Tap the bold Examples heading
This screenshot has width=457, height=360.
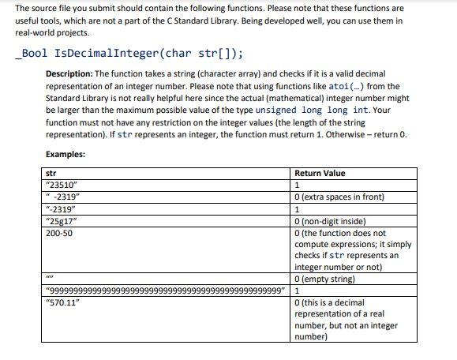[x=66, y=154]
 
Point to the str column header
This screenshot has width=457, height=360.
[x=51, y=173]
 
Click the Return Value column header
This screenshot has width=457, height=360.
[x=320, y=173]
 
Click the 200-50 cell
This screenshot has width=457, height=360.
[x=60, y=234]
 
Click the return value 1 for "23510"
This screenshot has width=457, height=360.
[x=296, y=186]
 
